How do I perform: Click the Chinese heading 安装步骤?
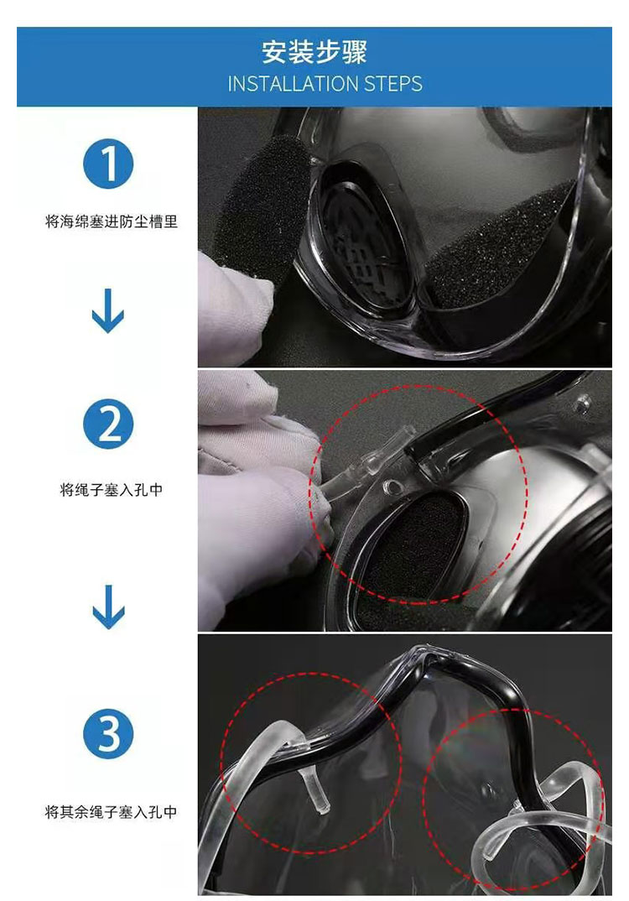pos(314,52)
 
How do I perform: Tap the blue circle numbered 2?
pos(108,424)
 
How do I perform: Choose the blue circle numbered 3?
pos(108,734)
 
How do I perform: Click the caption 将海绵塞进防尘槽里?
pos(112,221)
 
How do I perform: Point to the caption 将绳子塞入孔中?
pos(112,490)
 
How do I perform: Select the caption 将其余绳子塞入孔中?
pos(112,812)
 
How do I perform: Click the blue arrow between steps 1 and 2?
pos(108,311)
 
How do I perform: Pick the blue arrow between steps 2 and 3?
pos(108,607)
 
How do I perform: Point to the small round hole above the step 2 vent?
pos(392,487)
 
